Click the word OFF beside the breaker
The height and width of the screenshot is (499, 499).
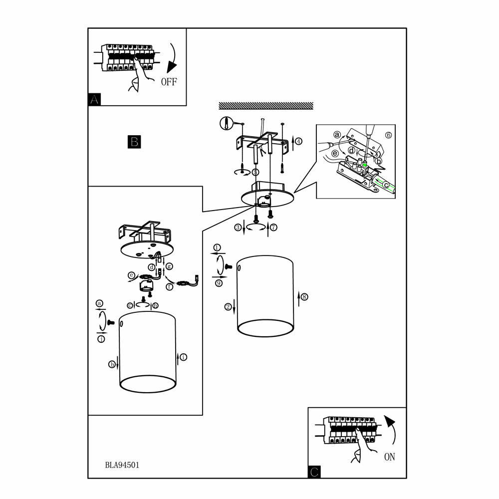point(169,82)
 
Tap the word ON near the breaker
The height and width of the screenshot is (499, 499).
point(390,456)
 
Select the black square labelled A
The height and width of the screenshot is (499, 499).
point(94,99)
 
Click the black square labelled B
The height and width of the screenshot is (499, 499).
point(134,142)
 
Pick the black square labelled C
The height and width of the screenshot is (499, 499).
point(314,472)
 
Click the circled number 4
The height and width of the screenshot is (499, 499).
point(298,141)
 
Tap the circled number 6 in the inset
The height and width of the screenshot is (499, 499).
point(389,135)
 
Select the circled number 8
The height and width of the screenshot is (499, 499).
point(304,297)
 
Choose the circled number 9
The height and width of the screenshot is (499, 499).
point(219,283)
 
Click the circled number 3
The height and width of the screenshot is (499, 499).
point(239,228)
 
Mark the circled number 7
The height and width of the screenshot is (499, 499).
point(273,228)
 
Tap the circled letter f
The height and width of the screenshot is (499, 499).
point(169,286)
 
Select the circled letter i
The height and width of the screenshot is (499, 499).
point(184,357)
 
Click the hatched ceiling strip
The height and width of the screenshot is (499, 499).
point(266,105)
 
